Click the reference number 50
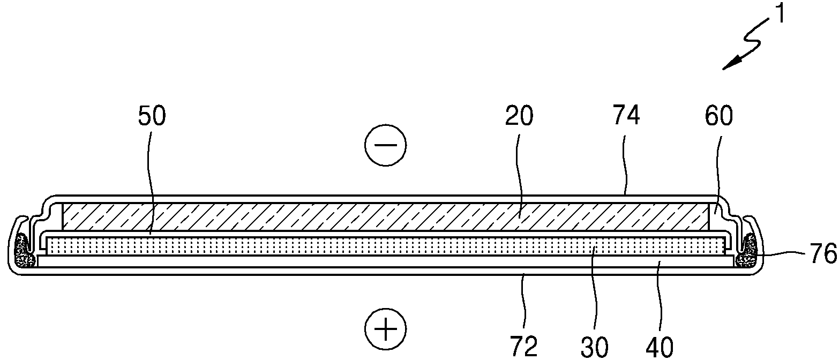pos(152,116)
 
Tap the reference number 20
pos(519,116)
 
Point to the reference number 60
pos(719,116)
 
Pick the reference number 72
pos(524,347)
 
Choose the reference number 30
pos(594,347)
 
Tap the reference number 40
pos(660,347)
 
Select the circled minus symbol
pos(385,145)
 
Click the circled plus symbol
pos(385,329)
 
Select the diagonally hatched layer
pos(386,216)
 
